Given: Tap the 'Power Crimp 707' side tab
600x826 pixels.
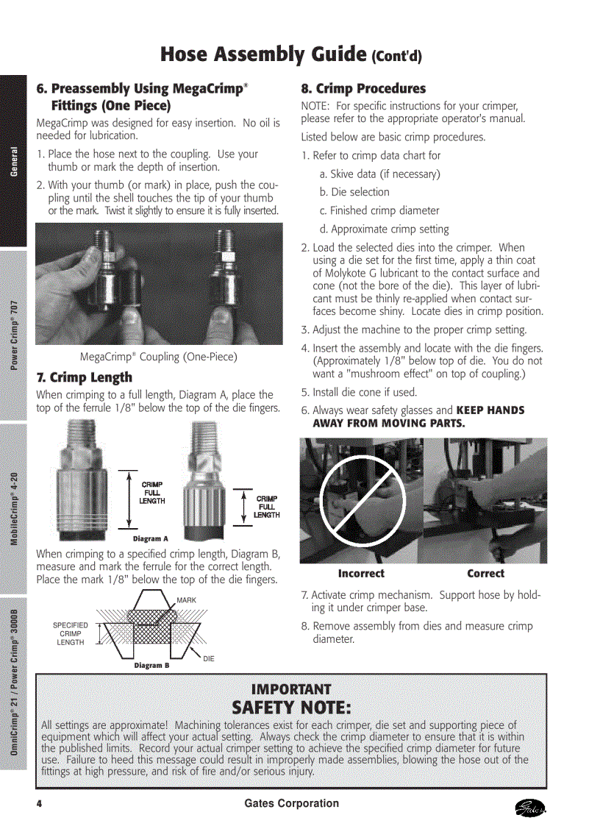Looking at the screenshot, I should point(13,335).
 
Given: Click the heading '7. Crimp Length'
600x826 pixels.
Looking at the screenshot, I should point(85,378).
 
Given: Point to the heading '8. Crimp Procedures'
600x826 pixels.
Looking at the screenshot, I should point(363,89).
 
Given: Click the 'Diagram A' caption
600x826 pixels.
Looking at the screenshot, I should point(151,539).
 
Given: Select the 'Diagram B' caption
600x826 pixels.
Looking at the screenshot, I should point(151,666).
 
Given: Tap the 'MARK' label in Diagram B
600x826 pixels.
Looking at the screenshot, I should point(186,600).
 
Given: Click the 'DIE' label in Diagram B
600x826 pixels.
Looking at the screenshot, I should point(209,658).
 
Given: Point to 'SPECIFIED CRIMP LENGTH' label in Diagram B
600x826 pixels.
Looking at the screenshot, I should point(71,634).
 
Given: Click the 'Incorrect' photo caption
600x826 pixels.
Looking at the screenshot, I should point(361,574).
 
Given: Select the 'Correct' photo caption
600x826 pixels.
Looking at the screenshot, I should point(485,574).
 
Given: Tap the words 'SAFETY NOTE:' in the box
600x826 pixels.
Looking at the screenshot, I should point(291,708).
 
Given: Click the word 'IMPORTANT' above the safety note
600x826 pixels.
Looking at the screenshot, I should point(291,689).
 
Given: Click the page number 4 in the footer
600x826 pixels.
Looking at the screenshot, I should point(39,804).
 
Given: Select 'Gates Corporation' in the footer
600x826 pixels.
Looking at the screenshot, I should point(292,804).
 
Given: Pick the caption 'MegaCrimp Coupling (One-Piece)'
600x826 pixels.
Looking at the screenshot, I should point(159,357).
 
